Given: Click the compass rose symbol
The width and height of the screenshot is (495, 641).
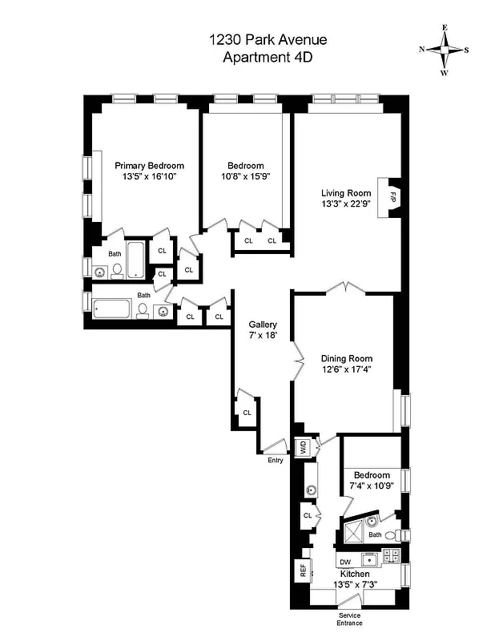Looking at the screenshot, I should pyautogui.click(x=445, y=49).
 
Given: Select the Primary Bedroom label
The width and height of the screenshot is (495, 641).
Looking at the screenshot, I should pyautogui.click(x=149, y=166).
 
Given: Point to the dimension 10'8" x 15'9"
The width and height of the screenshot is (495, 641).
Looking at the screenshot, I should pyautogui.click(x=245, y=177).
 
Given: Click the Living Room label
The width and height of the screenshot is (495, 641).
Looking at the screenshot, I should pyautogui.click(x=346, y=193).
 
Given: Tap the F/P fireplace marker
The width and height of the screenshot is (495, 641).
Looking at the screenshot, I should pyautogui.click(x=392, y=196).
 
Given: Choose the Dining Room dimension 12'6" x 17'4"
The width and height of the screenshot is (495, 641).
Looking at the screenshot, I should pyautogui.click(x=346, y=369).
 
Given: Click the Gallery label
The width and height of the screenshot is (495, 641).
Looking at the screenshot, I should pyautogui.click(x=263, y=325).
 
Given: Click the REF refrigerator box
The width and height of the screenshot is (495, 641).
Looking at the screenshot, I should pyautogui.click(x=304, y=571).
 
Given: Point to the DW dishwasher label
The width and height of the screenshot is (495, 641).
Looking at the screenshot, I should pyautogui.click(x=345, y=562).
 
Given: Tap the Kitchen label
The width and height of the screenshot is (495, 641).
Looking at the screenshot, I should pyautogui.click(x=353, y=574).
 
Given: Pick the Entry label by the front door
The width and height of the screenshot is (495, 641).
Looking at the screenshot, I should pyautogui.click(x=275, y=460).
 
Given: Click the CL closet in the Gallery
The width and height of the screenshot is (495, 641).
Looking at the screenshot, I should pyautogui.click(x=247, y=412).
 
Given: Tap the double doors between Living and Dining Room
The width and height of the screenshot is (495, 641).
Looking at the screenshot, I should pyautogui.click(x=344, y=287).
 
